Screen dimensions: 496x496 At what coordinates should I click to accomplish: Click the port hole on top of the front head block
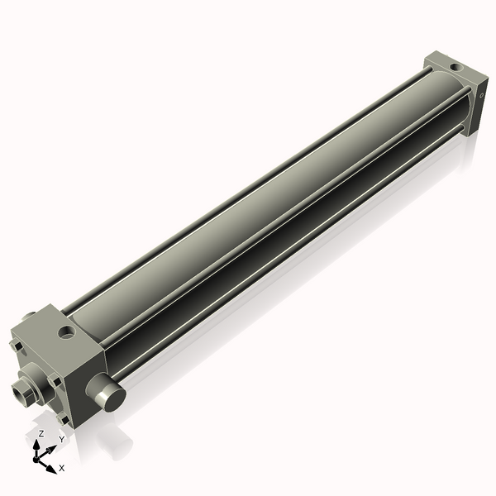[65, 333]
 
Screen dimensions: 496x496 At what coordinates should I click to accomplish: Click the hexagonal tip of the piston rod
[21, 387]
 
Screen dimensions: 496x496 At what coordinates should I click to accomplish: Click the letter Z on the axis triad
[41, 433]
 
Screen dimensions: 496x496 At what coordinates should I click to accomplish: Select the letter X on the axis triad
[61, 468]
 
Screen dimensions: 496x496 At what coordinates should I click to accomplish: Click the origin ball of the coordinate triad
[40, 457]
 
